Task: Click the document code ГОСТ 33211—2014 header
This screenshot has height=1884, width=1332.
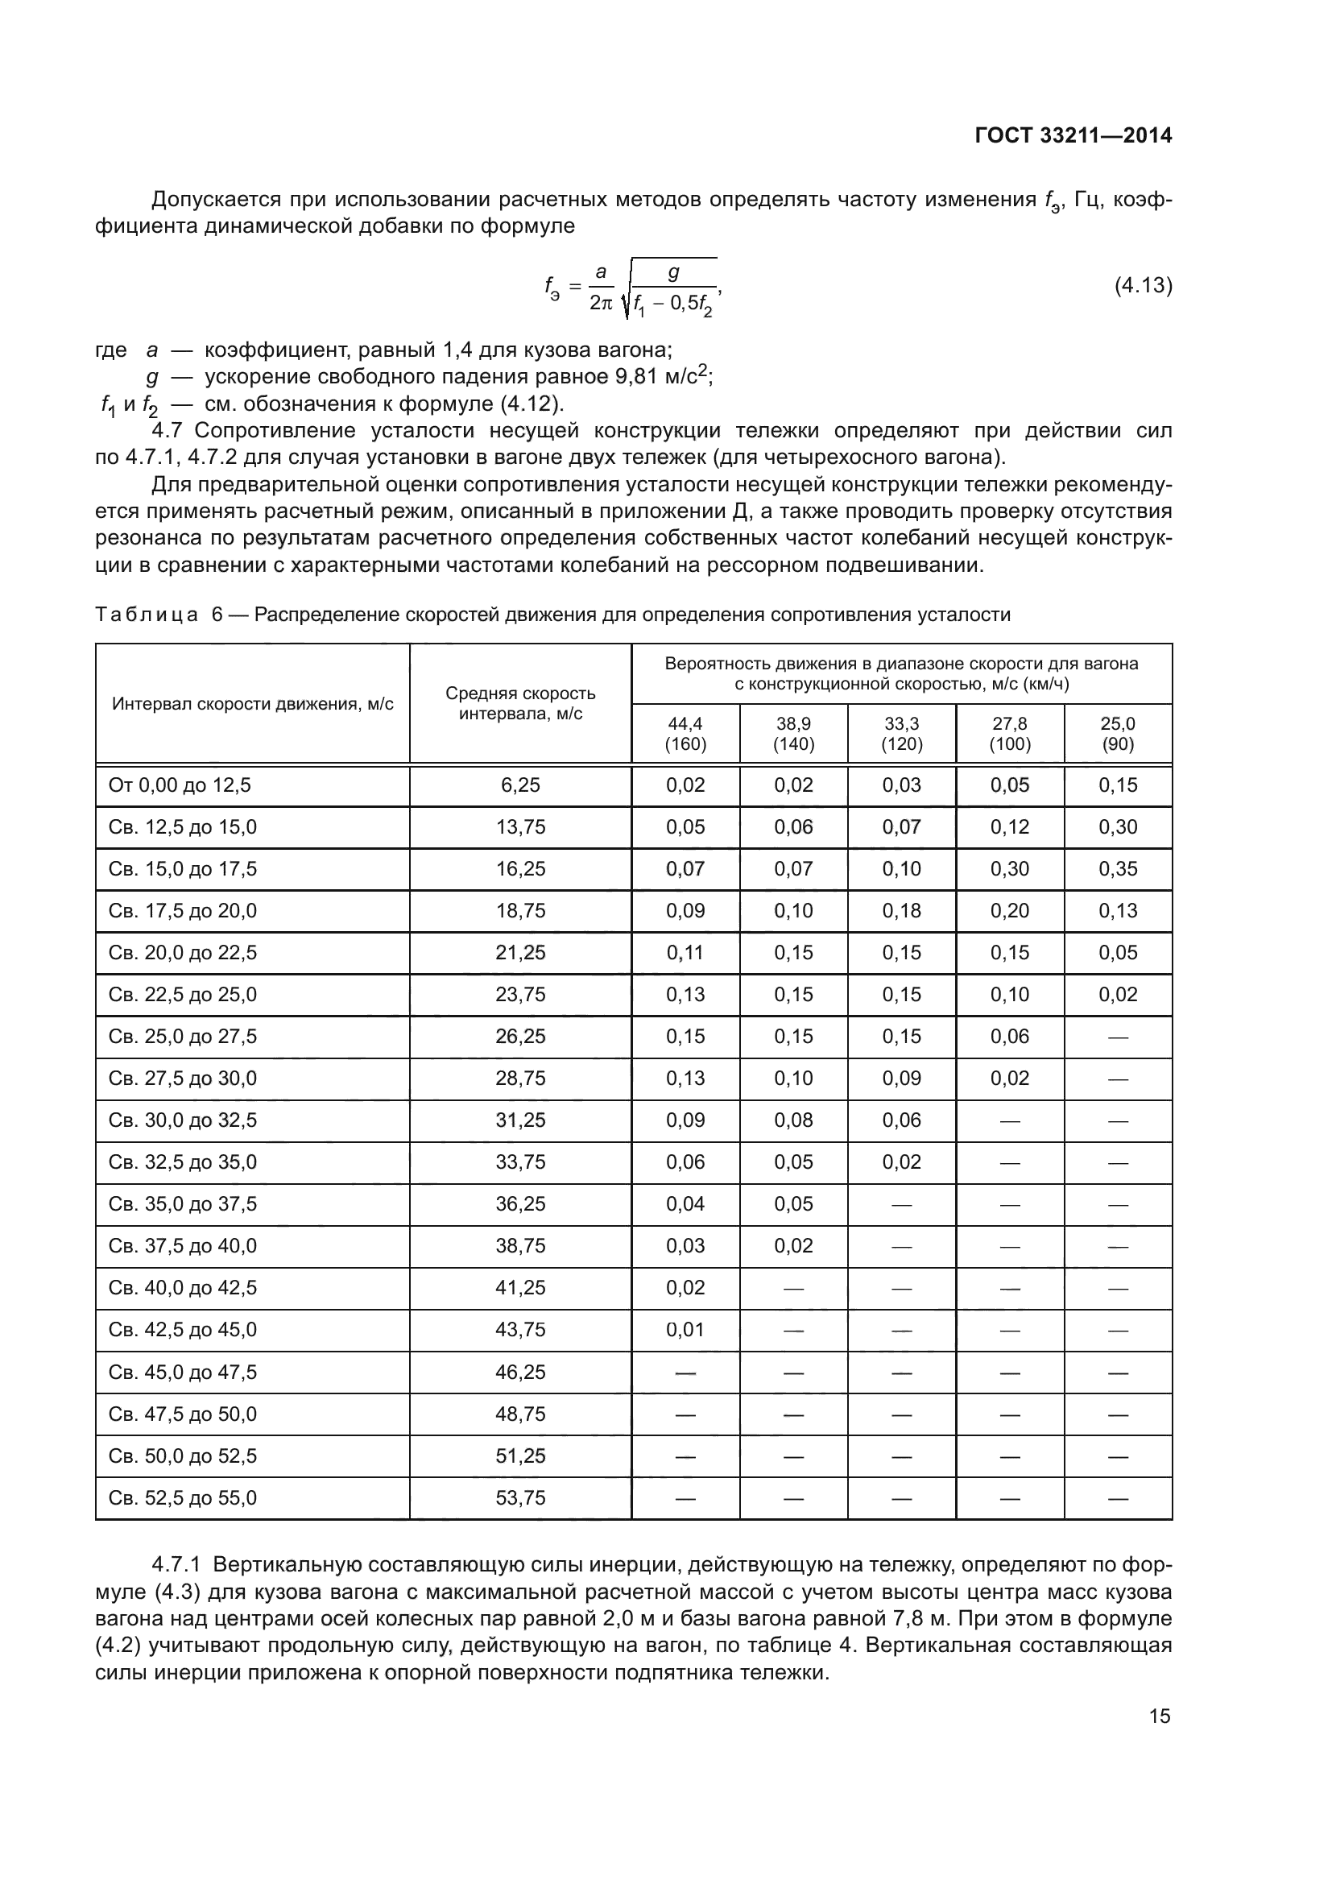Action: [x=1073, y=136]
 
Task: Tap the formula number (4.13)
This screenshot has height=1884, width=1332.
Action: [x=1143, y=286]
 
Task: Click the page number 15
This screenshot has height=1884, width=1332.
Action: [x=1160, y=1716]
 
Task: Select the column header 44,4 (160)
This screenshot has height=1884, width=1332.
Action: [x=685, y=734]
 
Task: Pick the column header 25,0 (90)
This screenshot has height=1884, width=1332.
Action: [x=1118, y=734]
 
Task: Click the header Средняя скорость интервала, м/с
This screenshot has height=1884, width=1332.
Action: [x=520, y=703]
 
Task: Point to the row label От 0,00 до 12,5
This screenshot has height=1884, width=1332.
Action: [x=180, y=785]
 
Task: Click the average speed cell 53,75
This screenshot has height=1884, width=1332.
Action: [x=520, y=1498]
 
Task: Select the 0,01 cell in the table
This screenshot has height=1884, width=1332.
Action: [x=685, y=1330]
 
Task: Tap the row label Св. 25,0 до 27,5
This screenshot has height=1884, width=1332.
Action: [x=182, y=1037]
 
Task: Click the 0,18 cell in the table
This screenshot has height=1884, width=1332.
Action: [x=901, y=911]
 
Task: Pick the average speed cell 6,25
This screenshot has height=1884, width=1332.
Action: [x=520, y=785]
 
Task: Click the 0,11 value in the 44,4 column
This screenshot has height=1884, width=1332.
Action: [x=685, y=953]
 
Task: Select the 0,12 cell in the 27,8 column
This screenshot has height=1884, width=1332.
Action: [x=1010, y=827]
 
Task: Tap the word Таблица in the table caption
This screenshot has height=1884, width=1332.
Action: [x=147, y=615]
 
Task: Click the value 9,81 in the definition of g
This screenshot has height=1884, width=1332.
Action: [x=635, y=377]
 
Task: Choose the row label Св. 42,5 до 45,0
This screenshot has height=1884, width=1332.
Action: [x=182, y=1330]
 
